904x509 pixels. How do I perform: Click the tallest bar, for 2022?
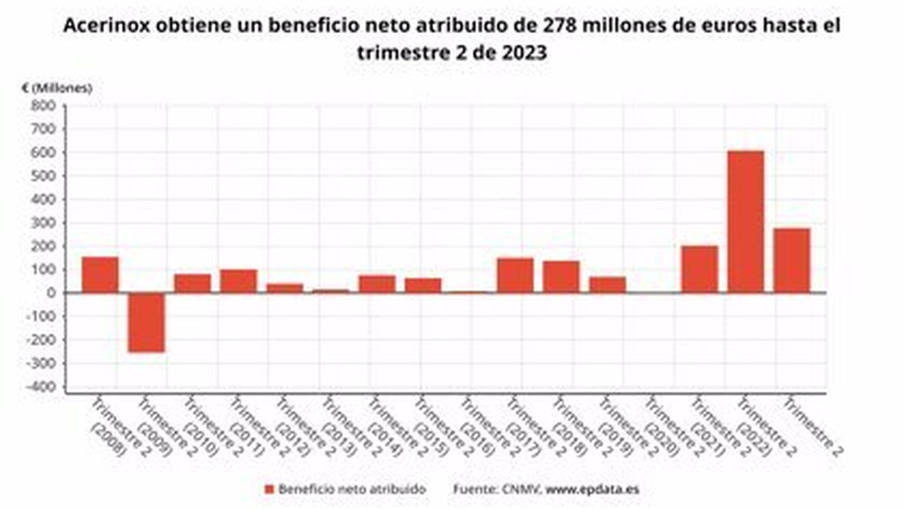point(745,222)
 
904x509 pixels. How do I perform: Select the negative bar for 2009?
point(146,322)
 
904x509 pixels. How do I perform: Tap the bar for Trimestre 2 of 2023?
point(791,261)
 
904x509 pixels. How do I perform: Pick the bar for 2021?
point(699,269)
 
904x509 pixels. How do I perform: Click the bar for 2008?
point(100,275)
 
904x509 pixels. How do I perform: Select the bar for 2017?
point(515,275)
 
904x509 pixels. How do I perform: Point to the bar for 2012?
point(284,288)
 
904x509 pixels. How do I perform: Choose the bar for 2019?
point(607,285)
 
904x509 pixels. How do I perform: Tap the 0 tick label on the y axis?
point(51,293)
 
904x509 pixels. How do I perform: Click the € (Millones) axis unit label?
point(56,88)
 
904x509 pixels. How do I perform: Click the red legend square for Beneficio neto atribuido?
point(270,489)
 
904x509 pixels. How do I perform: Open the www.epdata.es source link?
point(592,489)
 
